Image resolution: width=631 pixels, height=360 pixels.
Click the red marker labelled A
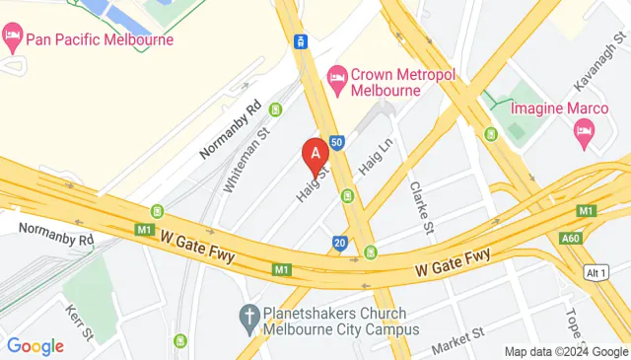coord(315,156)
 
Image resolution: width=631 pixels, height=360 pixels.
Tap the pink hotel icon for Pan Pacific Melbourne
coord(13,40)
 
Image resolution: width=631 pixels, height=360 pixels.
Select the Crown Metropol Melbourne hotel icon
coord(337,77)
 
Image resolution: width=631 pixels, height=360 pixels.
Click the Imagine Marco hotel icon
coord(584,130)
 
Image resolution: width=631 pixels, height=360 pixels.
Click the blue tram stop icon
coord(301,41)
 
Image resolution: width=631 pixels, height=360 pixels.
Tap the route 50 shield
coord(336,143)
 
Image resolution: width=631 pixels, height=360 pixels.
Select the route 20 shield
coord(339,243)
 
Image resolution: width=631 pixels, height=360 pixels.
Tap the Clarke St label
coord(422,207)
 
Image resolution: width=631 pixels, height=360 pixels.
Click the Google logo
coord(35,346)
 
